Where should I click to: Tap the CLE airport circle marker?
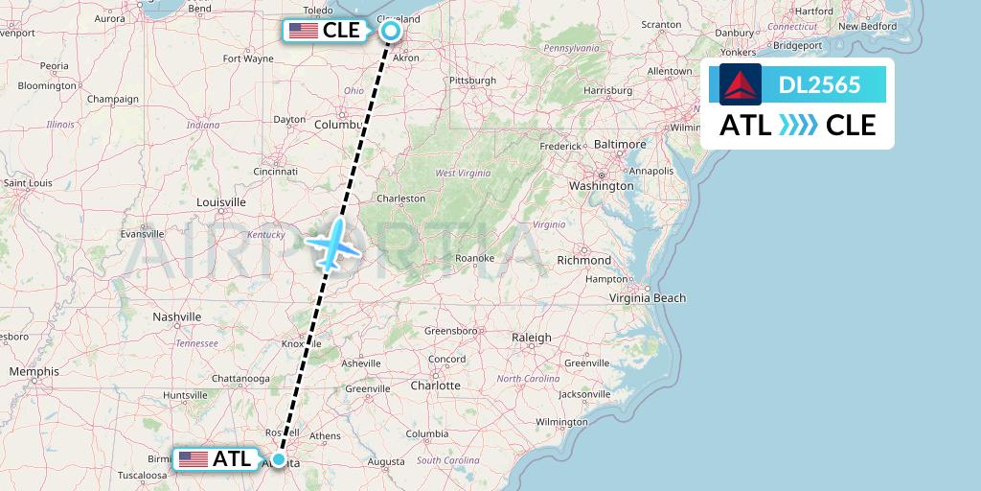(x=391, y=31)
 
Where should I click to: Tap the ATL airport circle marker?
(x=279, y=459)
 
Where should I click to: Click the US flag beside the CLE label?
(x=304, y=31)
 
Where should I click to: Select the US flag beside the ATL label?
(x=193, y=459)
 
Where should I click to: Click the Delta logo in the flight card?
(x=740, y=85)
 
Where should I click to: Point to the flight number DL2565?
(x=819, y=85)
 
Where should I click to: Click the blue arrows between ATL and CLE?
(x=798, y=126)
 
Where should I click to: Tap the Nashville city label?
(x=177, y=316)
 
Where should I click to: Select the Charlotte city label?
(x=435, y=386)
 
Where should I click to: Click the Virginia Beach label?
(x=650, y=298)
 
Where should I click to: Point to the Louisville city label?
(x=220, y=202)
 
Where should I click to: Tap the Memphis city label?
(x=34, y=371)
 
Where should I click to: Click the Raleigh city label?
(x=532, y=338)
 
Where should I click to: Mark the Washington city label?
(x=602, y=186)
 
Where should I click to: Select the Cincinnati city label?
(x=276, y=172)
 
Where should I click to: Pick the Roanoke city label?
(x=474, y=258)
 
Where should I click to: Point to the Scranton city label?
(x=661, y=24)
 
